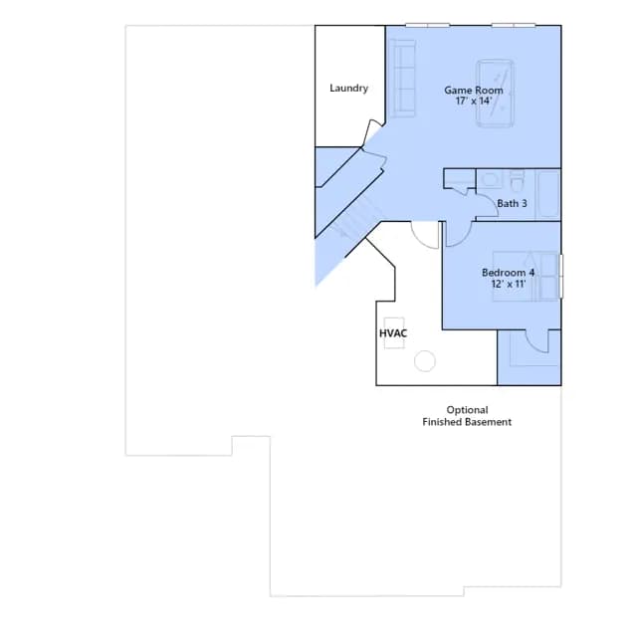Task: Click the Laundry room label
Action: [x=348, y=89]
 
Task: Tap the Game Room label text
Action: [x=474, y=91]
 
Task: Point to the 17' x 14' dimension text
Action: [x=474, y=101]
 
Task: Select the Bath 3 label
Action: [x=512, y=203]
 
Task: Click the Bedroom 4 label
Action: [x=508, y=273]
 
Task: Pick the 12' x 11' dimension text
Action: [x=509, y=284]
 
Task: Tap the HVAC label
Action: [x=393, y=333]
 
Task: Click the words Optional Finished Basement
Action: [x=467, y=416]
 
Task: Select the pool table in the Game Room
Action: [x=495, y=94]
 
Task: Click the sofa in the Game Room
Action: [x=402, y=79]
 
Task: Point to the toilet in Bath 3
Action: [x=517, y=181]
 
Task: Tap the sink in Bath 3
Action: [x=491, y=179]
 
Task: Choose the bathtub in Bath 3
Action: [x=548, y=195]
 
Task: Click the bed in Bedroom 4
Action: [x=526, y=277]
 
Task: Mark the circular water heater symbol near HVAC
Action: [x=425, y=360]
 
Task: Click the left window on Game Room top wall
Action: [x=427, y=25]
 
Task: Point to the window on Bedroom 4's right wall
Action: [x=561, y=277]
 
